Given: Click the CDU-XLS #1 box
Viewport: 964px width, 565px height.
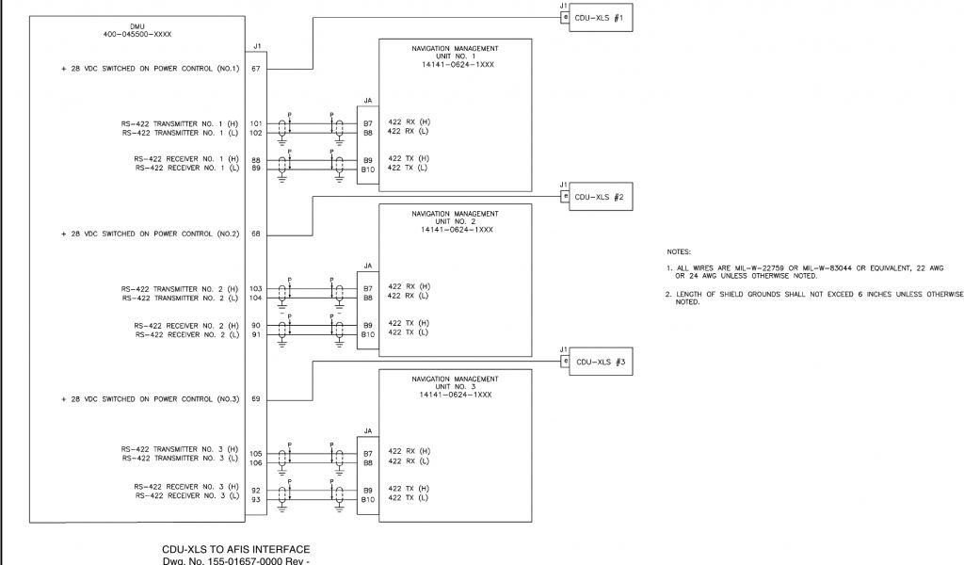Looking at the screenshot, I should pyautogui.click(x=599, y=18).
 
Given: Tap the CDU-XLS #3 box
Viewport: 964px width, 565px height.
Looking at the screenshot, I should pyautogui.click(x=599, y=362).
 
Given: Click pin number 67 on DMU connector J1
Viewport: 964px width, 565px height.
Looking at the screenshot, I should pyautogui.click(x=256, y=69).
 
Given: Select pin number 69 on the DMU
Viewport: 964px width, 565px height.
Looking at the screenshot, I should pyautogui.click(x=256, y=399).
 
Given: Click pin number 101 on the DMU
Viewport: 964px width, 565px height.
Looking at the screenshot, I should pyautogui.click(x=256, y=123).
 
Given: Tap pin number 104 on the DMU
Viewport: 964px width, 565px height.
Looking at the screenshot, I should pyautogui.click(x=256, y=298).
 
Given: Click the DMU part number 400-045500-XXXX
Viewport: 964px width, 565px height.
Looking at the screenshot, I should pyautogui.click(x=137, y=34).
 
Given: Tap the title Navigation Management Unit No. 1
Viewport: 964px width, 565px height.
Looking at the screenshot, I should pyautogui.click(x=455, y=55).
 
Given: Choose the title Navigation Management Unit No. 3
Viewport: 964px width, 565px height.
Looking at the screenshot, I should pyautogui.click(x=455, y=385).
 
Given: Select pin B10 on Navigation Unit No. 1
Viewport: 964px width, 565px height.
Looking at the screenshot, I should pyautogui.click(x=368, y=169).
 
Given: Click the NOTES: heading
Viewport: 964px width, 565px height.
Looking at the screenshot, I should pyautogui.click(x=678, y=252).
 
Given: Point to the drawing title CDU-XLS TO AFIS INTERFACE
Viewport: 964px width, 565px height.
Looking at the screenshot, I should pyautogui.click(x=235, y=549).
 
